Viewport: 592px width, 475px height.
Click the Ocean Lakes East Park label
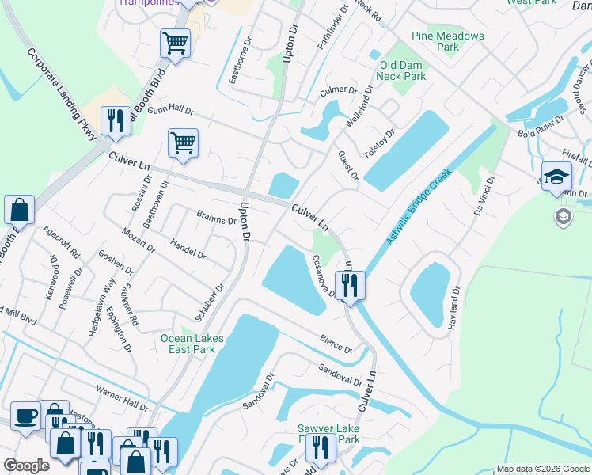click(x=192, y=344)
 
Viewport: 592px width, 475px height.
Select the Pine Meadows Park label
click(x=447, y=41)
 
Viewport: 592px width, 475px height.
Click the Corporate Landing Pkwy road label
click(x=62, y=94)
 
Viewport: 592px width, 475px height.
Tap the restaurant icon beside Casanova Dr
click(x=349, y=284)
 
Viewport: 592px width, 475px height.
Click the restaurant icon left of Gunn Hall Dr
click(x=116, y=120)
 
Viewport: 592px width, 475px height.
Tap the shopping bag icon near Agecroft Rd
click(x=19, y=210)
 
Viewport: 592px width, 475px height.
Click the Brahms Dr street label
click(x=216, y=217)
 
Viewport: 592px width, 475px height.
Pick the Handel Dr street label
click(x=188, y=250)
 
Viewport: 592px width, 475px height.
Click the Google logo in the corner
click(x=26, y=465)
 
